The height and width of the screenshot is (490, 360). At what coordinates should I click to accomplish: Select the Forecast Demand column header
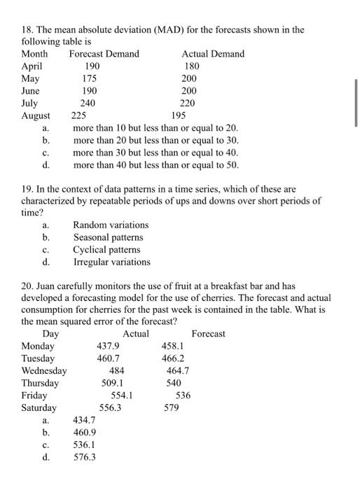(104, 54)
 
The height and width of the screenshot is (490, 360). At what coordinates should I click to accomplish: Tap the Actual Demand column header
(213, 54)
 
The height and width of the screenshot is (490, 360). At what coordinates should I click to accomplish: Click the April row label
(32, 66)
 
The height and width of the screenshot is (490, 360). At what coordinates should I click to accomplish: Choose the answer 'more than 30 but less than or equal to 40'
(155, 153)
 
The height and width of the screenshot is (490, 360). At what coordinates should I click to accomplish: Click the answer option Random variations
(111, 225)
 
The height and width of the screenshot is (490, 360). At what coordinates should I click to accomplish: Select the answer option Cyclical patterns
(106, 250)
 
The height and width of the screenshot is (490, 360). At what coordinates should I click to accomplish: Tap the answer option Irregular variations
(111, 262)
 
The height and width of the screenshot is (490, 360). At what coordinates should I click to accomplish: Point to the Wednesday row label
(44, 371)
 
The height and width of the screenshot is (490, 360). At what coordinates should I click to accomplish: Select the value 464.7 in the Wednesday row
(178, 371)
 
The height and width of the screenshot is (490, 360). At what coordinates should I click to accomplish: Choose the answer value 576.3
(85, 457)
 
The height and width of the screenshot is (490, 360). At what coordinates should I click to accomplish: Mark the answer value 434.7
(85, 421)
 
